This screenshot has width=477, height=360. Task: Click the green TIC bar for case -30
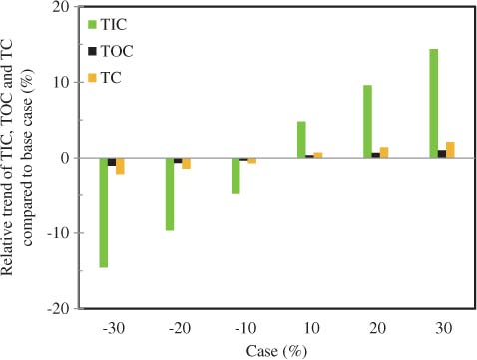click(x=104, y=212)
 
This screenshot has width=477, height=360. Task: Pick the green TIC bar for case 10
click(x=301, y=140)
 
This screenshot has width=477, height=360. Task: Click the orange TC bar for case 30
click(x=451, y=150)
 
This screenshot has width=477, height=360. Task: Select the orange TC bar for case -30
click(x=121, y=166)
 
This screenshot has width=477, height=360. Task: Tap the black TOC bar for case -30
click(x=112, y=162)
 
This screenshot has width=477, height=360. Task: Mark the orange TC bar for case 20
click(x=385, y=153)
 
